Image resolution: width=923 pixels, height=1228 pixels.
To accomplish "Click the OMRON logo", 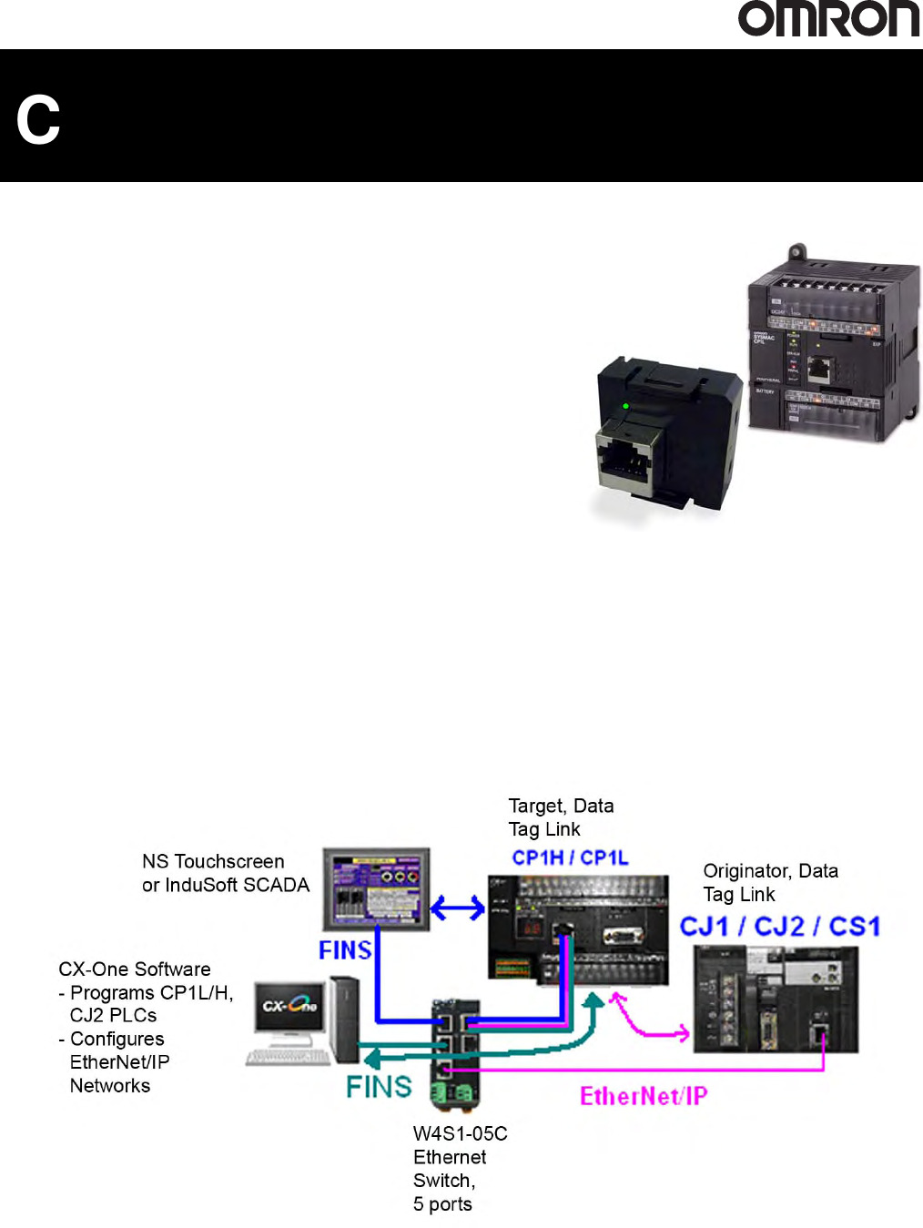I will (x=828, y=19).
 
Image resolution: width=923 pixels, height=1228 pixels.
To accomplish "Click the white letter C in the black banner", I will (x=38, y=120).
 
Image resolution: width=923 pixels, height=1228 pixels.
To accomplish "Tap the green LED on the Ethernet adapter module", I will (x=625, y=406).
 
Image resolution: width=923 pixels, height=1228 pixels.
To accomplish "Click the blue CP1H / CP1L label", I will (x=570, y=858).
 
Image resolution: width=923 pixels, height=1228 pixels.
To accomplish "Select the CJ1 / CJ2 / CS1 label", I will (x=780, y=927).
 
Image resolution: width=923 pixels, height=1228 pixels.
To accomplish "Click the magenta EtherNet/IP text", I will (x=644, y=1096).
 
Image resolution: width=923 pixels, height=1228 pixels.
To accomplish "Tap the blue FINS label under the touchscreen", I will (x=345, y=950).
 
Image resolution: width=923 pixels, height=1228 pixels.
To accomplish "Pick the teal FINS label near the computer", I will (x=379, y=1087).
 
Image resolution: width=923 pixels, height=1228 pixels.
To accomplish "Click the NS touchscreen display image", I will (x=376, y=888).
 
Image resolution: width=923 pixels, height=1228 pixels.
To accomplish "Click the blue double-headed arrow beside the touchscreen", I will (x=458, y=908).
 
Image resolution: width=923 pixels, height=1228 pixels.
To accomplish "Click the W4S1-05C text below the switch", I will (x=460, y=1133).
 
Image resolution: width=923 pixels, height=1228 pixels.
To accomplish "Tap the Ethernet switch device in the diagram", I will (x=455, y=1051).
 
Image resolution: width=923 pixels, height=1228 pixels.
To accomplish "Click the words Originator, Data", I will (x=770, y=871).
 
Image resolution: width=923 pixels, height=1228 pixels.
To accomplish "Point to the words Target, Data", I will (x=561, y=806).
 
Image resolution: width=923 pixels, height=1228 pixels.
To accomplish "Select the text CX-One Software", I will (x=135, y=969).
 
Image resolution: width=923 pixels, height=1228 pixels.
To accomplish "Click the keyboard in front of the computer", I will (x=288, y=1057).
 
